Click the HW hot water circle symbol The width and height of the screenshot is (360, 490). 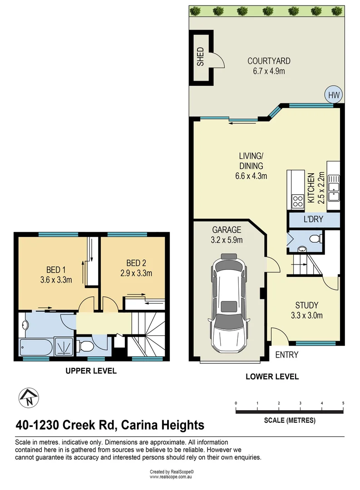334,95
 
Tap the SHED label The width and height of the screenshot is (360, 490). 200,57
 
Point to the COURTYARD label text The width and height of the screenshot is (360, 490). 269,61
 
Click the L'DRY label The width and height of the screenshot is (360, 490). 313,219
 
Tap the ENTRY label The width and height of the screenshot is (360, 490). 287,355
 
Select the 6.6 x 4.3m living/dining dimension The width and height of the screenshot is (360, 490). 251,176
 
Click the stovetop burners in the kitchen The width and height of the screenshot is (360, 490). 298,201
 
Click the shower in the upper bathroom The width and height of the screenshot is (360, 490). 64,346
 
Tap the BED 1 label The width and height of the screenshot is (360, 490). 56,269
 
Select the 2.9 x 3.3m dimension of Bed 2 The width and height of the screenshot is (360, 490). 136,273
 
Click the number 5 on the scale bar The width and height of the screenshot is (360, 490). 343,403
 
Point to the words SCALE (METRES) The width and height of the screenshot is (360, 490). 290,420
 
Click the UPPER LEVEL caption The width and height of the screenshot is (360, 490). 91,371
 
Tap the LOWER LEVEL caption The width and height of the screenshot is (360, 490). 272,377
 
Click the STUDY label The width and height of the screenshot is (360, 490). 307,305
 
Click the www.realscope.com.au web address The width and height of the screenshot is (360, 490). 171,477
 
